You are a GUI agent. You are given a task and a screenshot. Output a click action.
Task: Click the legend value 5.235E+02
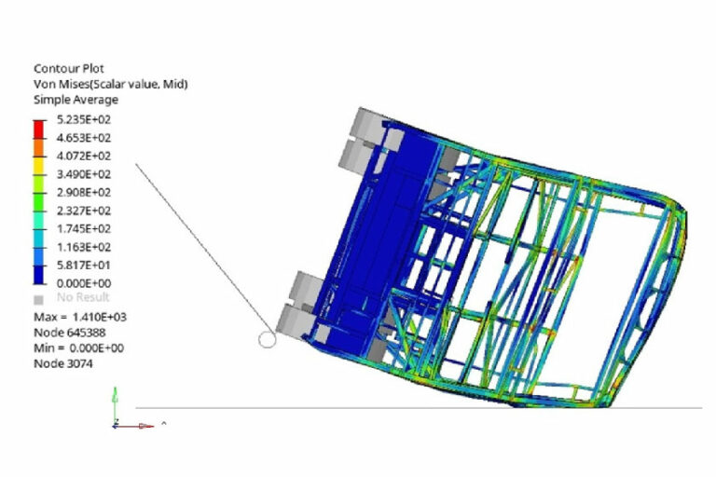coord(84,119)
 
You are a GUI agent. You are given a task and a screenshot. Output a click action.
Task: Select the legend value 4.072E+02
coord(84,157)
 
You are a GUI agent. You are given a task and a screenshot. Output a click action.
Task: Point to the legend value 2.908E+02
coord(84,192)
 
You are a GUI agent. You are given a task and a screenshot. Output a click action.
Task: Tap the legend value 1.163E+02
coord(84,247)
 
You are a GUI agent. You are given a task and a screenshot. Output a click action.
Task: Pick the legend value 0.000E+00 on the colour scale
coord(84,283)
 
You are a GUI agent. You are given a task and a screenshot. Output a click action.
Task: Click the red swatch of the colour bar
coord(39,129)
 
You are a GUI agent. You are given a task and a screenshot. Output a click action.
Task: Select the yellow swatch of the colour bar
coord(39,166)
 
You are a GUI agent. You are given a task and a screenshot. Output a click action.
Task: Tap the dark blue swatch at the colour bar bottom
coord(39,275)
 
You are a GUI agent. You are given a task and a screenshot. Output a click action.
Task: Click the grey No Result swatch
coord(39,300)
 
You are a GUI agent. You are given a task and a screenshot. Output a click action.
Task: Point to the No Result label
coord(83,297)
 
